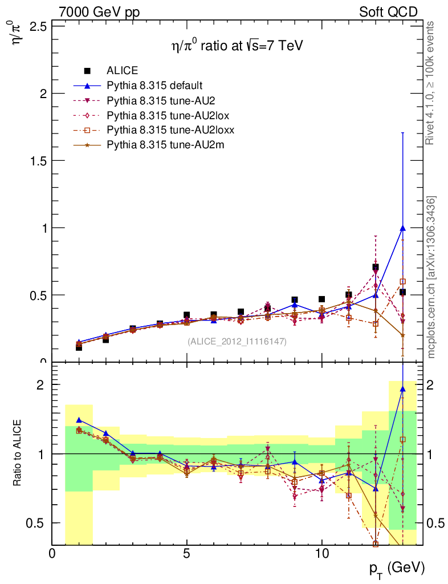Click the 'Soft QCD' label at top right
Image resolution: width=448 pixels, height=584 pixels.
(x=388, y=12)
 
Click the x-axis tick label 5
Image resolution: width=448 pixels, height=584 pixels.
(x=186, y=553)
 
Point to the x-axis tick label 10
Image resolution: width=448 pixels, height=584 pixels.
(x=321, y=553)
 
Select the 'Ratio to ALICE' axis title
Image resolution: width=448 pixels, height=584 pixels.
(x=18, y=453)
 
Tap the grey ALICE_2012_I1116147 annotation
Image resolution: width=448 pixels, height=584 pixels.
(x=237, y=341)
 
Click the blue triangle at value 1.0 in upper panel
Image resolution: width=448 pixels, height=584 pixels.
(x=402, y=228)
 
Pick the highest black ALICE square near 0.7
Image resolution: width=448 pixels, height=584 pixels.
(x=376, y=267)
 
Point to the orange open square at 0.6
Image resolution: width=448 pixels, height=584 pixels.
(x=402, y=281)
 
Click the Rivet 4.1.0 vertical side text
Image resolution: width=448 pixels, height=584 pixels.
(x=431, y=83)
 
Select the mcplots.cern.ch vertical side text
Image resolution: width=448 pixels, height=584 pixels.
(x=431, y=277)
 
